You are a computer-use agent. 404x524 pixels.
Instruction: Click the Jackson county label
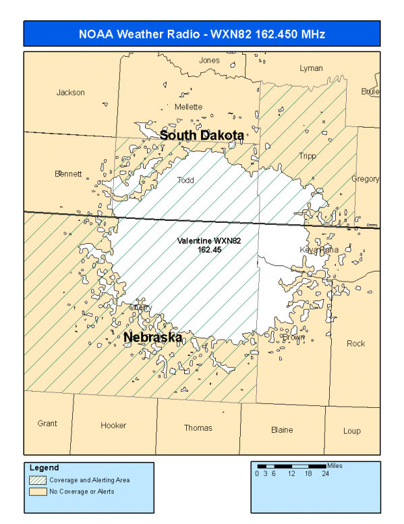tap(71, 93)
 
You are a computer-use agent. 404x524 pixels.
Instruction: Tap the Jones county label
tap(209, 60)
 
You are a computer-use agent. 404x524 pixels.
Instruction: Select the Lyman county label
tap(311, 68)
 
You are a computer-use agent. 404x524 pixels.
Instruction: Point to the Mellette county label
tap(188, 107)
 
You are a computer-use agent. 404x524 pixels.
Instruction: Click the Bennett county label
tap(68, 174)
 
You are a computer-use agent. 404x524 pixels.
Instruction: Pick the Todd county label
tap(185, 180)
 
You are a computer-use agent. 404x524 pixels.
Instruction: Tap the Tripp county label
tap(307, 156)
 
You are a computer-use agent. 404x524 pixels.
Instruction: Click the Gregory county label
tap(365, 179)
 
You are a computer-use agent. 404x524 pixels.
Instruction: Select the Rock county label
tap(355, 343)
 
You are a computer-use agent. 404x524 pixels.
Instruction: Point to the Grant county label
tap(47, 423)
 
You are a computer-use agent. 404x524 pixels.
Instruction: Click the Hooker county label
tap(113, 425)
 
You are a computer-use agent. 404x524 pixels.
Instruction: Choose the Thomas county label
tap(198, 427)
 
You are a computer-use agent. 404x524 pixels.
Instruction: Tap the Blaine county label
tap(282, 429)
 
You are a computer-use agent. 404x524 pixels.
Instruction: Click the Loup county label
tap(351, 431)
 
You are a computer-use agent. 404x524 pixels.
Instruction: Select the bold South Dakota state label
tap(202, 136)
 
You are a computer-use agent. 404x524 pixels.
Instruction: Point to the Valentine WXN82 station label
tap(209, 245)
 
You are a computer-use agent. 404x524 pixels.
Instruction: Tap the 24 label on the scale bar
tap(326, 473)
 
